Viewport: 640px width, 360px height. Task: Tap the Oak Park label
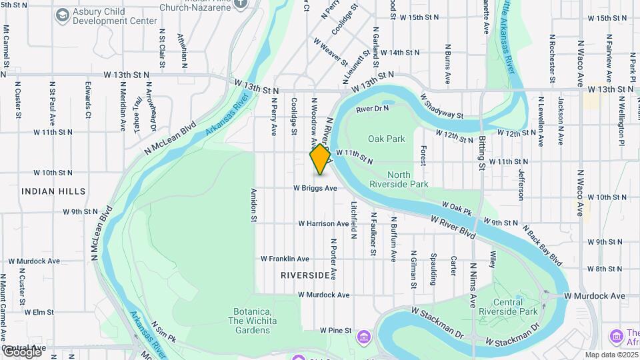(x=386, y=139)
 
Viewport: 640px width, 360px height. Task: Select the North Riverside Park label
(x=398, y=179)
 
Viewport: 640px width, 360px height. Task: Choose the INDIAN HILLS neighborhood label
(x=54, y=191)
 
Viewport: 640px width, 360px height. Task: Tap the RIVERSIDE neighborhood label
(x=305, y=275)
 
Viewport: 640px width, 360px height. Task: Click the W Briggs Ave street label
(x=315, y=189)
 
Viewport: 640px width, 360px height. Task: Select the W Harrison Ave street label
(x=323, y=223)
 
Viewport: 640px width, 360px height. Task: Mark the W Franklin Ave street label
(x=285, y=259)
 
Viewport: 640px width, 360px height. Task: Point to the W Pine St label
(x=335, y=330)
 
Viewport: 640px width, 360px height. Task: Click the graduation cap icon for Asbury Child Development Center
(x=62, y=15)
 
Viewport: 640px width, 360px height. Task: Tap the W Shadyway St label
(x=442, y=107)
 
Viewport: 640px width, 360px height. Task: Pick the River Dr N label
(x=372, y=109)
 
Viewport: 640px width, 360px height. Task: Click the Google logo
(x=22, y=352)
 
